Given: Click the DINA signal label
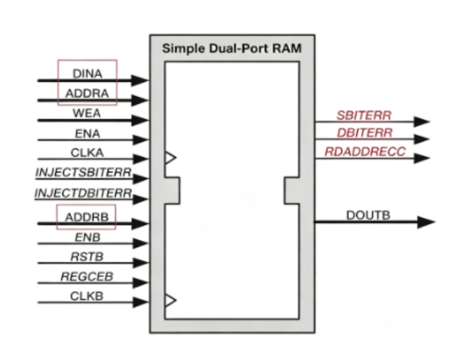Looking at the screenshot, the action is click(87, 74).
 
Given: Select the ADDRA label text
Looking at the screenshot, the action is click(87, 93).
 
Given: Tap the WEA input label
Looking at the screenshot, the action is click(87, 113).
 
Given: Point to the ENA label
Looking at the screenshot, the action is click(87, 133).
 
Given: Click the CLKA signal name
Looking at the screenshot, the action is click(87, 152).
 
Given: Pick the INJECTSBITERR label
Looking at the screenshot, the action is click(84, 173).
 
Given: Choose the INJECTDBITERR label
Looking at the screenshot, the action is click(84, 192).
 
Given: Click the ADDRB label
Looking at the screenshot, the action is click(87, 217).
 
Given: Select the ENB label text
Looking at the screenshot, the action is click(88, 237).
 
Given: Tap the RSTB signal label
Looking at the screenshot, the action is click(87, 257).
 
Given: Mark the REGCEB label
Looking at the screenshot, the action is click(87, 276).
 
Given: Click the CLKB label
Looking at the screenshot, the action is click(87, 296).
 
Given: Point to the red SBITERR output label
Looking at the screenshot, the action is click(364, 116).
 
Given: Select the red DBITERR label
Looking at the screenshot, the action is click(364, 133).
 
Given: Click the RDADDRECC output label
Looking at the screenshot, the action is click(365, 152).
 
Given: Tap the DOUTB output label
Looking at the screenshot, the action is click(368, 215).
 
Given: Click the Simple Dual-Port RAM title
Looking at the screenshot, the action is click(232, 48).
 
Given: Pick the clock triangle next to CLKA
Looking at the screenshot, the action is click(171, 158).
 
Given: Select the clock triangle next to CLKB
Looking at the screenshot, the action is click(171, 300).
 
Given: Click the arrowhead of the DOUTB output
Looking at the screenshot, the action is click(426, 222).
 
